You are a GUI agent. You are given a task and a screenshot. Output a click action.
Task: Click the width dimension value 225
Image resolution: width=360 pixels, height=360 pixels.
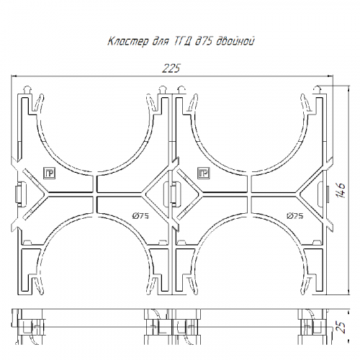pos(171,68)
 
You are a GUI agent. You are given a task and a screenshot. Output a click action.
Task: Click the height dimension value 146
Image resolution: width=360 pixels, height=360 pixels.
pos(341,191)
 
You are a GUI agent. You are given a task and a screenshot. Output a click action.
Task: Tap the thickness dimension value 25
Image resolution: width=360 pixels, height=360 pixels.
pos(341,327)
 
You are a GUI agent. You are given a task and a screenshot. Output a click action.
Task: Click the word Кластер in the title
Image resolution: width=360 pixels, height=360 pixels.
pos(128,41)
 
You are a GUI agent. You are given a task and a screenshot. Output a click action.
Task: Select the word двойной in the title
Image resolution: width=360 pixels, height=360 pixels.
pos(235,41)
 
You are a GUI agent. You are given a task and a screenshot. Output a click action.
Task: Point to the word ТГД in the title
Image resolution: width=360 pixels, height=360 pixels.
pos(181,41)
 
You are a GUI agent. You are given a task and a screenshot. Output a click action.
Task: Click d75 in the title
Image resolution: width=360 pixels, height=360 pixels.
pos(204,41)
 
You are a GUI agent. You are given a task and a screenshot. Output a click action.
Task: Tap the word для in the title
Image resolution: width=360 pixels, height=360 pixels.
pos(161,42)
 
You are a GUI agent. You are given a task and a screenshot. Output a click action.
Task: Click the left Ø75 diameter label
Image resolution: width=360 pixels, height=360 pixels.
pos(140,216)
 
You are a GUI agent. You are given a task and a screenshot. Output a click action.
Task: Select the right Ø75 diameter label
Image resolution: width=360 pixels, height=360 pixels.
pos(294,216)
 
